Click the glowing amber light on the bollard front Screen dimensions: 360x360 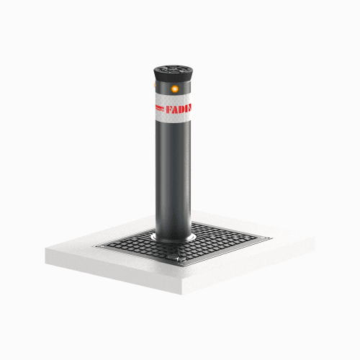[175, 89]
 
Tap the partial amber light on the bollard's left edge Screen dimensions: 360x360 [155, 85]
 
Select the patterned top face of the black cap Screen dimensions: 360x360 [174, 70]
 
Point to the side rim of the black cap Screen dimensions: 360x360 [174, 77]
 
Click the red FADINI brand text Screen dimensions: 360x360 [179, 109]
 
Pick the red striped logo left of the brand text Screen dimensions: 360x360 [160, 108]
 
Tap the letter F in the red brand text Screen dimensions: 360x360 [169, 110]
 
